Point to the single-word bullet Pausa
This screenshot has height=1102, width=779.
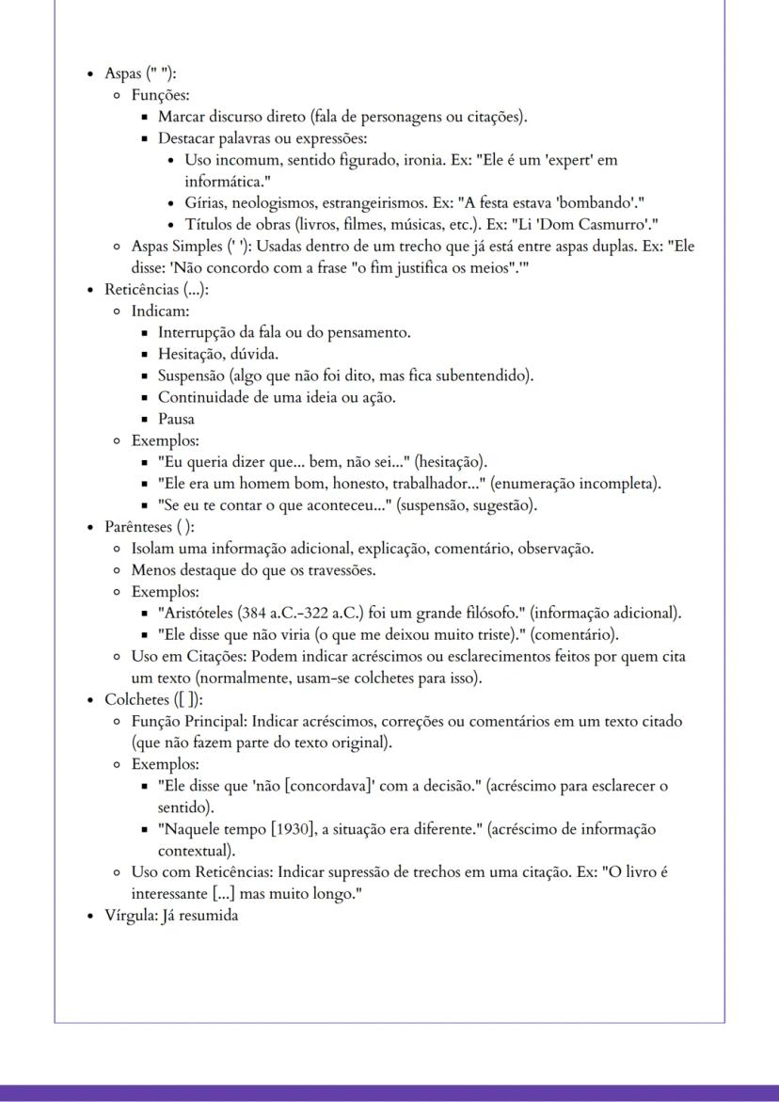coord(176,419)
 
